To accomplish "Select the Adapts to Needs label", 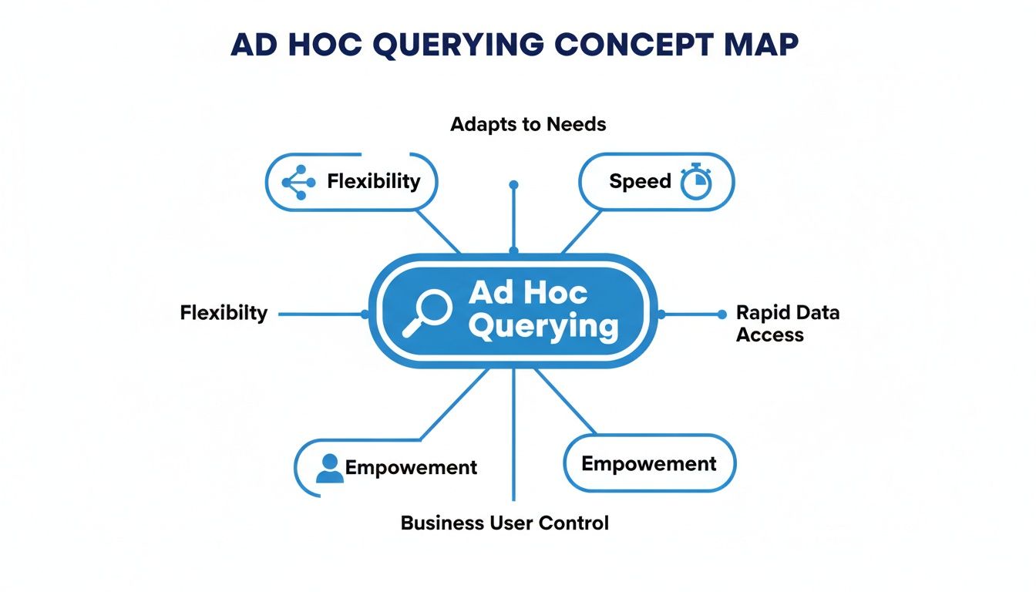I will [x=528, y=124].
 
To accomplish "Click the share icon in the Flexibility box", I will [x=298, y=182].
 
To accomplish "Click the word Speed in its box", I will [x=640, y=181].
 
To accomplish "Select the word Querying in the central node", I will [x=543, y=327].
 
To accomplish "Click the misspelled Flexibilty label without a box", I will [x=224, y=313].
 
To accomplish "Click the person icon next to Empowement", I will [x=330, y=468].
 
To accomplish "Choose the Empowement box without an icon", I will [x=649, y=463].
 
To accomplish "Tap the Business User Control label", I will [x=505, y=523].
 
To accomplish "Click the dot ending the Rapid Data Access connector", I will [x=721, y=314].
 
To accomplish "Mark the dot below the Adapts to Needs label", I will [x=514, y=185].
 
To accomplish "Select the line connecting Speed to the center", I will [x=582, y=230].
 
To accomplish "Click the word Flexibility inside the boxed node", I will [x=374, y=181].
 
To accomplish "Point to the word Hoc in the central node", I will [x=554, y=293].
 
